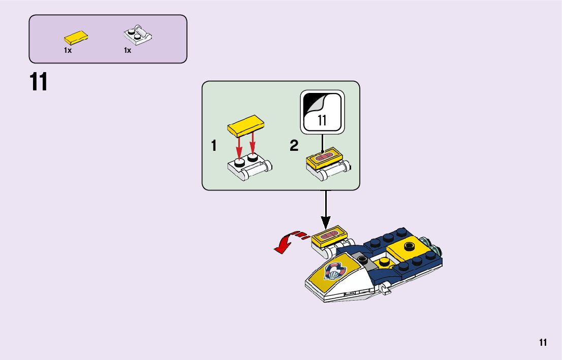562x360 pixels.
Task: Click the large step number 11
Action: [x=39, y=82]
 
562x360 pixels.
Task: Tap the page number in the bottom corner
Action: [x=543, y=342]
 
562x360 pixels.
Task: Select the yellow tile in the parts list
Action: [x=76, y=37]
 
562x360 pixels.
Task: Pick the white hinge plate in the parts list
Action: [x=138, y=36]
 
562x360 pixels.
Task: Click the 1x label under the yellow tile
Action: [x=68, y=50]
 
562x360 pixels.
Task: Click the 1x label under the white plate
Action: [x=128, y=50]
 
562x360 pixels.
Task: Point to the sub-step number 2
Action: [x=294, y=146]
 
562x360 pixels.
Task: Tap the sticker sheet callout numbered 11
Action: [x=322, y=113]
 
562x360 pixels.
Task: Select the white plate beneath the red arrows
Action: [x=249, y=167]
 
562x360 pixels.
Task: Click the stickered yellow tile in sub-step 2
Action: [x=325, y=158]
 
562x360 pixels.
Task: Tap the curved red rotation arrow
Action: [x=287, y=242]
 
